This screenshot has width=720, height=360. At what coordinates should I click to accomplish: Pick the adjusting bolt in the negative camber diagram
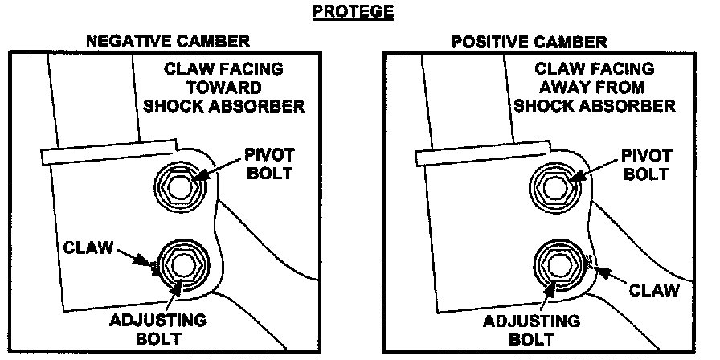click(x=182, y=263)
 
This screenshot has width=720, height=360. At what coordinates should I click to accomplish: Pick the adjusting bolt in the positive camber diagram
click(x=557, y=263)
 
